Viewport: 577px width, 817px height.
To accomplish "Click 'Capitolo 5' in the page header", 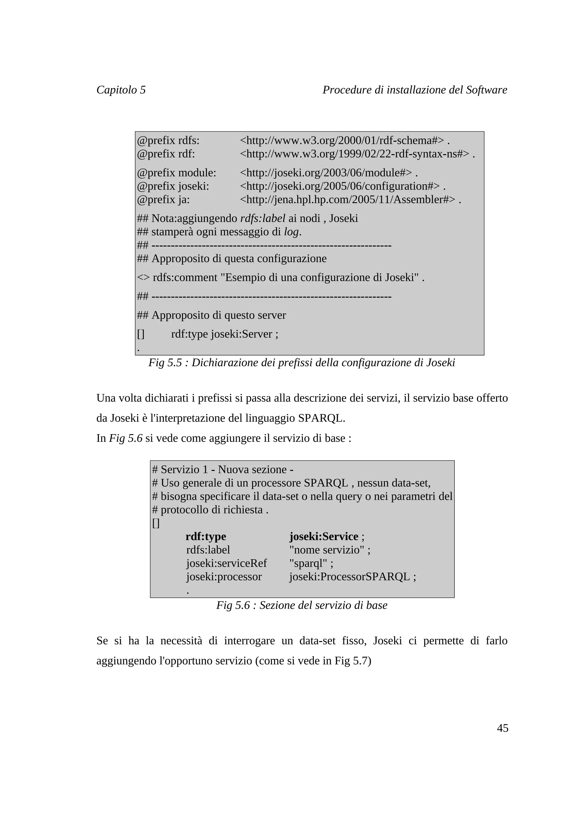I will pyautogui.click(x=121, y=90).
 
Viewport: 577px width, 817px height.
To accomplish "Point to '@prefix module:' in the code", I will pyautogui.click(x=176, y=173).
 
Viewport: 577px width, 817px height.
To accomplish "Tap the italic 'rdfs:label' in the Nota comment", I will pyautogui.click(x=263, y=218).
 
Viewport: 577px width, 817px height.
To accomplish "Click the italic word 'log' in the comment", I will pyautogui.click(x=292, y=232).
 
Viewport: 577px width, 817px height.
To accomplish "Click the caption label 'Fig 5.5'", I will pyautogui.click(x=165, y=363).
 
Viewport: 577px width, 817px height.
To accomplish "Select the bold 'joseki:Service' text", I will pyautogui.click(x=323, y=536).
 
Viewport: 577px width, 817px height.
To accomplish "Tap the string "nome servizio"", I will pyautogui.click(x=327, y=550).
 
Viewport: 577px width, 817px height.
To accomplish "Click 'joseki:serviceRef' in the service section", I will pyautogui.click(x=226, y=563).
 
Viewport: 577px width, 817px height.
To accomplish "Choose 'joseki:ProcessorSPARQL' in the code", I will pyautogui.click(x=349, y=577).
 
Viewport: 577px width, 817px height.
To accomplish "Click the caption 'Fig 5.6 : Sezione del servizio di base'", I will pyautogui.click(x=301, y=605).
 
